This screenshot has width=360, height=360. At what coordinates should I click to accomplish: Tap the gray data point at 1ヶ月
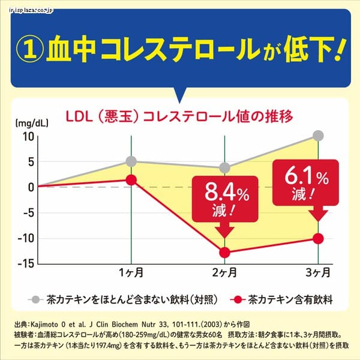coord(131,161)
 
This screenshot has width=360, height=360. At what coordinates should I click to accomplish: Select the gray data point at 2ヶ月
coord(224,168)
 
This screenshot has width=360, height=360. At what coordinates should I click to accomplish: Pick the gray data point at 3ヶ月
coord(318,136)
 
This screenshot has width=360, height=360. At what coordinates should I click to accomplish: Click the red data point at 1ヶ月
coord(131,179)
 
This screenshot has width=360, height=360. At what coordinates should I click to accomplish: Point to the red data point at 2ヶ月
coord(224,252)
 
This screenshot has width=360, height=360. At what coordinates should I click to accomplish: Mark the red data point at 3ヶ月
coord(318,238)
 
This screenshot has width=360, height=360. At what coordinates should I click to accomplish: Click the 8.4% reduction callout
coord(225,201)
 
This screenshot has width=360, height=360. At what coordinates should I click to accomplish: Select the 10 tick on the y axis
coord(28,136)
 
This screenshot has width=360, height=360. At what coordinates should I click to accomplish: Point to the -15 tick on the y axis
coord(24,263)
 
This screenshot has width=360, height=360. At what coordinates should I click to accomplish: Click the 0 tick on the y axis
coord(30,187)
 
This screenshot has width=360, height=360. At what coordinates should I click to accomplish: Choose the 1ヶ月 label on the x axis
coord(131,274)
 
